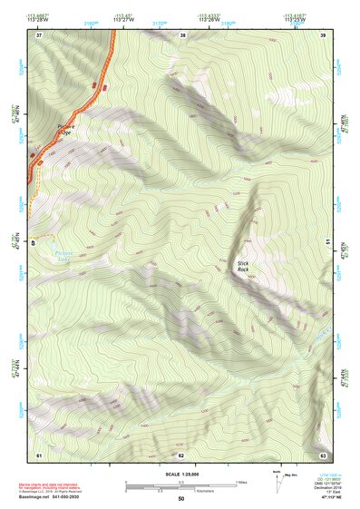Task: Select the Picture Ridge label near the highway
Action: coord(58,130)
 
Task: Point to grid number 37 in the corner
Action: coord(39,35)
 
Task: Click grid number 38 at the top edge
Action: coord(182,35)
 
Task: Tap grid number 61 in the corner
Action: coord(39,453)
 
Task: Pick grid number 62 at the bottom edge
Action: coord(181,453)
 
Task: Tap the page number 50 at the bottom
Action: coord(180,499)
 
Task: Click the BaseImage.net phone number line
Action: coord(64,497)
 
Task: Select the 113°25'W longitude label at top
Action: coord(296,19)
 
